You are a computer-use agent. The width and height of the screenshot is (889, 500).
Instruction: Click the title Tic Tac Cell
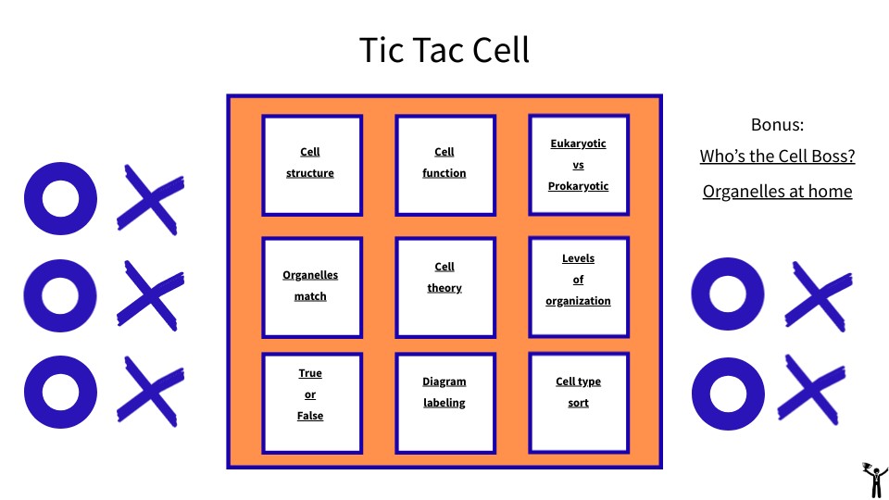(x=444, y=50)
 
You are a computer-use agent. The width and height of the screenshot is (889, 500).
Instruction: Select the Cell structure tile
(x=312, y=165)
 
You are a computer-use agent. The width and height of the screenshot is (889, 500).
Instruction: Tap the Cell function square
(x=445, y=165)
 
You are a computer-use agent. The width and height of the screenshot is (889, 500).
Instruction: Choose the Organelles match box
(x=312, y=287)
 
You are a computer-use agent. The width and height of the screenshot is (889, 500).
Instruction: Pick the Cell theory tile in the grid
(x=445, y=287)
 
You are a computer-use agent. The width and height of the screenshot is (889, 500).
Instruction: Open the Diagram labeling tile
(x=445, y=403)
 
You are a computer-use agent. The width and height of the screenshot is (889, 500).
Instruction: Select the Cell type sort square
(x=579, y=403)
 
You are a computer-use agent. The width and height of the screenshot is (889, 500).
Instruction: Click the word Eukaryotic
(x=578, y=144)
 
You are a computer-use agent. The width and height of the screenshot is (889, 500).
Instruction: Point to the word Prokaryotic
(x=578, y=186)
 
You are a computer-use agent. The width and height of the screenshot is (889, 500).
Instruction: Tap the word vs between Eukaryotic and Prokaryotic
(x=578, y=166)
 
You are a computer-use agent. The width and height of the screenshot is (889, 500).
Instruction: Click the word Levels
(x=578, y=258)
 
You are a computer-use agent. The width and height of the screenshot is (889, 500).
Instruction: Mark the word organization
(x=578, y=301)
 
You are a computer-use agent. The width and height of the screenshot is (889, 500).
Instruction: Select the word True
(x=310, y=373)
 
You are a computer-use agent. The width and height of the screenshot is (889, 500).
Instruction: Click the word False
(x=310, y=416)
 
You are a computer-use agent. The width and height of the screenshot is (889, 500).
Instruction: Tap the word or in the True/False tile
(x=310, y=394)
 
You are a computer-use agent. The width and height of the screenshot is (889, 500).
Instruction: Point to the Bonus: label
(x=777, y=125)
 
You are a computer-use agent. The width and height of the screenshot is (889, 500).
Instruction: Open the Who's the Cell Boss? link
(x=777, y=156)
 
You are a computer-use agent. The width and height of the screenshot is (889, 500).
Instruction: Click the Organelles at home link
(x=777, y=192)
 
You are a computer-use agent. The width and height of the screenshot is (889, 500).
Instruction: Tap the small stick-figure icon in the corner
(x=875, y=480)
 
